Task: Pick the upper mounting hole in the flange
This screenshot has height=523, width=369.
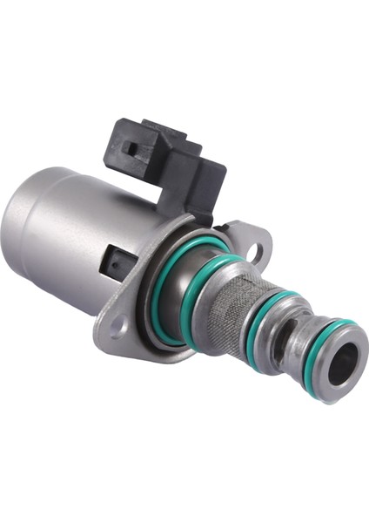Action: (253, 250)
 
